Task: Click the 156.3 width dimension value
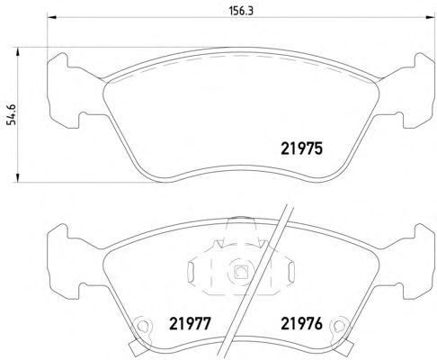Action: coord(241,11)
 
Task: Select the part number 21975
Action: coord(301,148)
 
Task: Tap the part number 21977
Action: coord(190,324)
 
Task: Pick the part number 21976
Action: coord(301,324)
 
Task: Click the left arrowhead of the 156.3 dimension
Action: coord(52,17)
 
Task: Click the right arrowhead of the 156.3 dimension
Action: coord(430,17)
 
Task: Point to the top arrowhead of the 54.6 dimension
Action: coord(18,51)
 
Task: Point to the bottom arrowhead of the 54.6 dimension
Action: coord(18,177)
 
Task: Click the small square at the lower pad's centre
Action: coord(240,272)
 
